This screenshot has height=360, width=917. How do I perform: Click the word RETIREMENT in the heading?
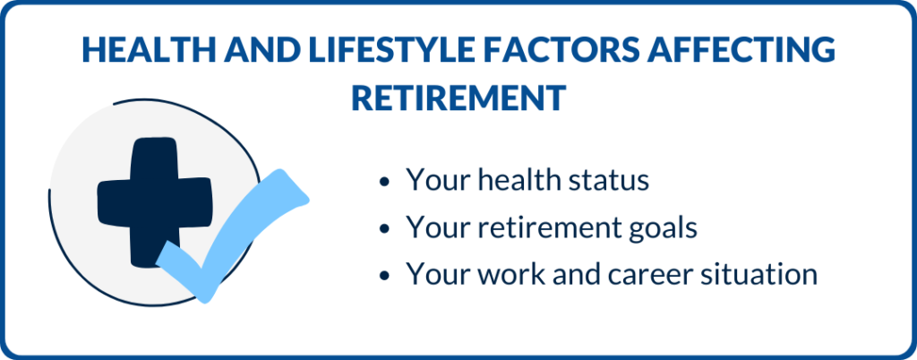tap(458, 98)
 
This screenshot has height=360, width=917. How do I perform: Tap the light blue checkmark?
tap(232, 236)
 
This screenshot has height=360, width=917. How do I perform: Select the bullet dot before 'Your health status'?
tap(383, 182)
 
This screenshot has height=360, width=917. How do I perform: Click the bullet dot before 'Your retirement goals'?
tap(383, 228)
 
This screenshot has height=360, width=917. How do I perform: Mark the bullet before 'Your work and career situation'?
tap(383, 275)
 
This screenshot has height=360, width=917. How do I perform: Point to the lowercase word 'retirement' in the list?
tap(551, 227)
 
